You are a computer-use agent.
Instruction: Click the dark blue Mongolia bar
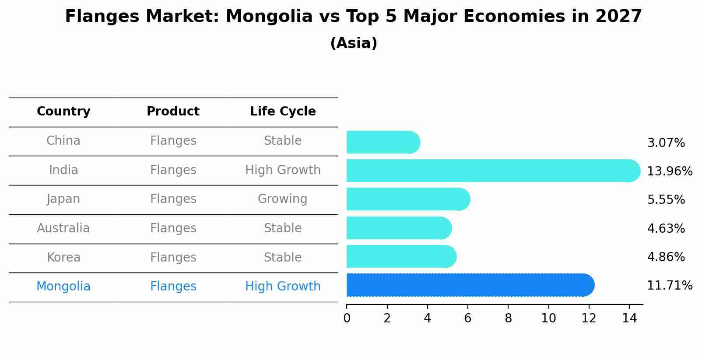click(x=468, y=285)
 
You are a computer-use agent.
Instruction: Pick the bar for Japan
click(x=407, y=199)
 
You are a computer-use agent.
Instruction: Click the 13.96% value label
click(x=669, y=171)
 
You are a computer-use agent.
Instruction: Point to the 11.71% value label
click(x=669, y=286)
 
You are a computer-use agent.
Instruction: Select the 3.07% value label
click(x=666, y=143)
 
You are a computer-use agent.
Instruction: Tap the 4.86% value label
click(x=666, y=257)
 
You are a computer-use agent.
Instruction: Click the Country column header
click(x=63, y=112)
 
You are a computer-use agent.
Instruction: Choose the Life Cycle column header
click(x=283, y=112)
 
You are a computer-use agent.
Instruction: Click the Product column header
click(x=173, y=112)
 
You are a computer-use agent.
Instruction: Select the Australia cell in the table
click(x=63, y=228)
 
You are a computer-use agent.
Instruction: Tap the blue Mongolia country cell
click(x=63, y=287)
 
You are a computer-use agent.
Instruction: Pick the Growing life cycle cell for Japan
click(x=283, y=199)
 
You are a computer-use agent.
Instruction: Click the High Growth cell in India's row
click(x=283, y=170)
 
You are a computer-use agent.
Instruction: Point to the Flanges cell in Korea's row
click(x=173, y=257)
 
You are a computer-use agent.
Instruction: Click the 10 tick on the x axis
click(x=548, y=318)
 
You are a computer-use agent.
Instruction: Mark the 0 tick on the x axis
click(x=347, y=318)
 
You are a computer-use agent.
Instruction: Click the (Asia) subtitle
click(x=354, y=43)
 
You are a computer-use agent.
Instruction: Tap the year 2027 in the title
click(x=618, y=17)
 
